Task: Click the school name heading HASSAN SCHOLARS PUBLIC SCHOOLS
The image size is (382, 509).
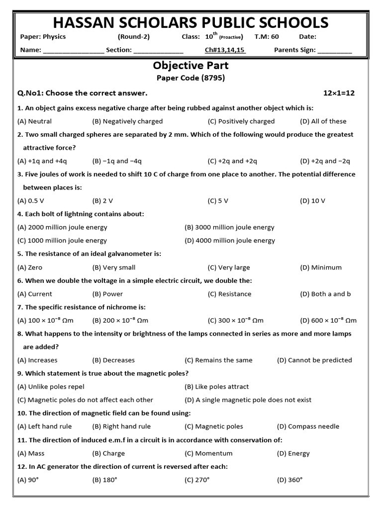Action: (191, 22)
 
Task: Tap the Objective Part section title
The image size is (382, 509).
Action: (191, 66)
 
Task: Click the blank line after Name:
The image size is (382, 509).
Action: (74, 50)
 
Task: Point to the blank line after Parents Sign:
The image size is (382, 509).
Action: (334, 50)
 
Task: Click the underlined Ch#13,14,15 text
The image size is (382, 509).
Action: (225, 50)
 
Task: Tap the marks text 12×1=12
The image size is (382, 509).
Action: (339, 93)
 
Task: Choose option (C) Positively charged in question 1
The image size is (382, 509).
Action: (241, 121)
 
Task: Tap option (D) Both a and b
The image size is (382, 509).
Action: (325, 294)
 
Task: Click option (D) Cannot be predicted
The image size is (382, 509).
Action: (314, 360)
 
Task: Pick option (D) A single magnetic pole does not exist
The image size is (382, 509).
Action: (248, 400)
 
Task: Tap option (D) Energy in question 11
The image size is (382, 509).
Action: (293, 453)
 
